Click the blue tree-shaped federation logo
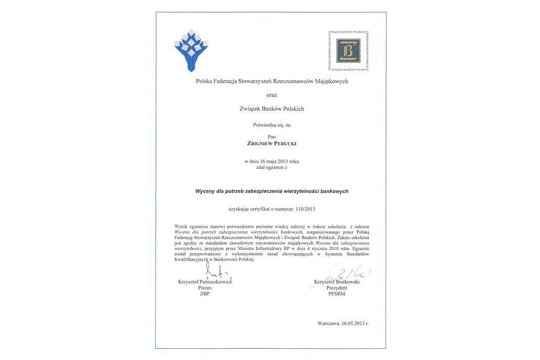(191, 49)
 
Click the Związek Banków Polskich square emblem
(348, 50)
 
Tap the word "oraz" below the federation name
(272, 95)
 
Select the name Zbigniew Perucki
(271, 143)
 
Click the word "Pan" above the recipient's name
(271, 135)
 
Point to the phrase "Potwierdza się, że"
(271, 125)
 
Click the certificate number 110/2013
(301, 209)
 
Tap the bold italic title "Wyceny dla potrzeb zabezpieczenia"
(271, 191)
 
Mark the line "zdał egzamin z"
(271, 168)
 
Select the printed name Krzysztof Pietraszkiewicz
(205, 282)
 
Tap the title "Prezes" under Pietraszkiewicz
(205, 288)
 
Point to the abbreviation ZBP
(205, 294)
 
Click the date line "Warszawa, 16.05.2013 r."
(343, 323)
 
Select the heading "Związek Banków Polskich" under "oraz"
(271, 109)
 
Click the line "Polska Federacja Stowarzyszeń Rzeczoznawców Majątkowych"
(271, 81)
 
